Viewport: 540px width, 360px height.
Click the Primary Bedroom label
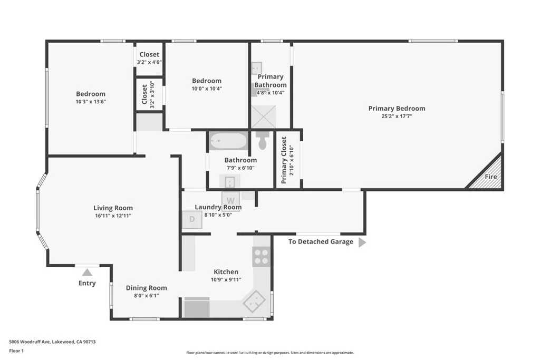tap(397, 109)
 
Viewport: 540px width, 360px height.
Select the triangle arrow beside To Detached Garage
tap(362, 242)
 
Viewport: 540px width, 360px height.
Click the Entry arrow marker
tap(87, 273)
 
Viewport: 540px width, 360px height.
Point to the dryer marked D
tap(192, 219)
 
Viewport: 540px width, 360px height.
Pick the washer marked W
tap(230, 200)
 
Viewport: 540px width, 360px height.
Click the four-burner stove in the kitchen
tap(261, 257)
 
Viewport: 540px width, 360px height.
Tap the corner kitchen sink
tap(255, 302)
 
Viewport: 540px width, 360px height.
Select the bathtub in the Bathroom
tap(228, 141)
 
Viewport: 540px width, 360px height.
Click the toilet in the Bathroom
tap(263, 141)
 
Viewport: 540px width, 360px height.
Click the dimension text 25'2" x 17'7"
tap(397, 116)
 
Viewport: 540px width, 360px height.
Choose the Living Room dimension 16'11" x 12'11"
tap(113, 216)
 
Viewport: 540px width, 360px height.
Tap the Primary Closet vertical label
tap(284, 160)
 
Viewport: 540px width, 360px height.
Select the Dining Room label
tap(146, 288)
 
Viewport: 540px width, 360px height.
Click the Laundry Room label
tap(218, 207)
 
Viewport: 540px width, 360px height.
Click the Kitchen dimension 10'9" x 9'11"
tap(225, 279)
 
